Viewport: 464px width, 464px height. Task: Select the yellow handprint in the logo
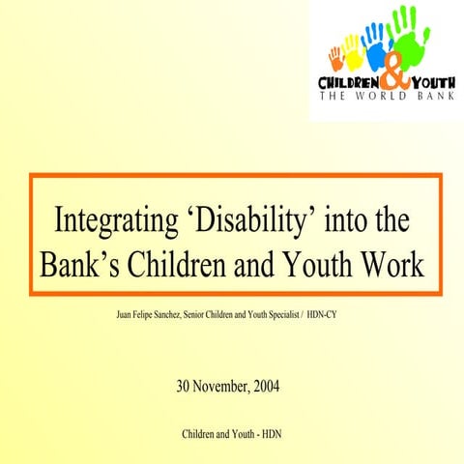pyautogui.click(x=353, y=50)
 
